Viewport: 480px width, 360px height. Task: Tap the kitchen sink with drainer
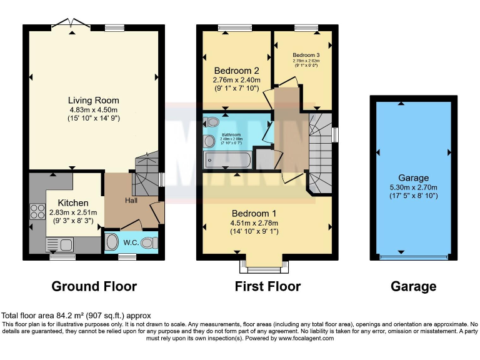(x=60, y=244)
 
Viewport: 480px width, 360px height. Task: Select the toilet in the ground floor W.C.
(x=149, y=242)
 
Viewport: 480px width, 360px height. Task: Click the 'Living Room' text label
(x=94, y=100)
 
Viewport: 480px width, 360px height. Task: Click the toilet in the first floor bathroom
(x=210, y=122)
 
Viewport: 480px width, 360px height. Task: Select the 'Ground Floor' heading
(x=94, y=286)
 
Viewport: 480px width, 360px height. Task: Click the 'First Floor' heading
(x=267, y=286)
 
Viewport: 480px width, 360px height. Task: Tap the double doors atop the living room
(x=71, y=24)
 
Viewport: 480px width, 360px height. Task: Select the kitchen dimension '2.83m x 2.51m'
(x=74, y=212)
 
